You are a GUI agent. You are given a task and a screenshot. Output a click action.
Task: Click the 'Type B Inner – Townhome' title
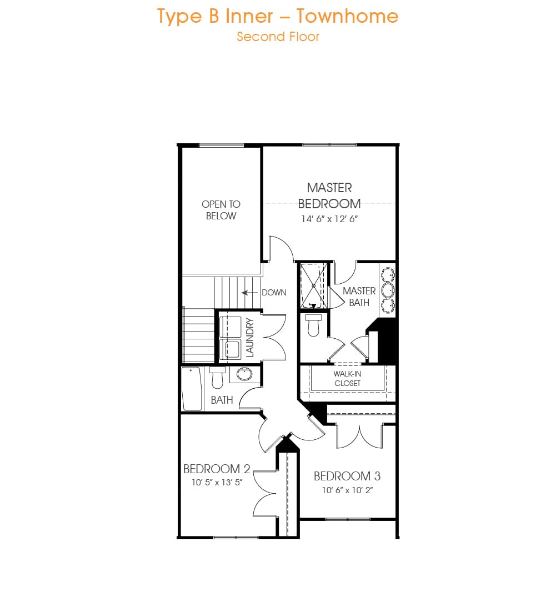click(x=278, y=17)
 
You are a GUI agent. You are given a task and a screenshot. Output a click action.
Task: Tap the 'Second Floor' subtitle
click(x=278, y=37)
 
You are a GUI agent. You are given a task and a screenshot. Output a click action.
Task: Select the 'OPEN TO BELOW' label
click(x=221, y=210)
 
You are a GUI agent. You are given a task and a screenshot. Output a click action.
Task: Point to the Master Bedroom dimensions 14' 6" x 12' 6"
click(x=329, y=219)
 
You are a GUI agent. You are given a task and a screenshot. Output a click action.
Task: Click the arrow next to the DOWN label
click(x=249, y=293)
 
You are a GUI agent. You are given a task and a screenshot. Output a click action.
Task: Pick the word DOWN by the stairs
click(x=274, y=293)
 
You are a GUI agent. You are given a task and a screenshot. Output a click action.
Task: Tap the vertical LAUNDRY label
click(x=250, y=338)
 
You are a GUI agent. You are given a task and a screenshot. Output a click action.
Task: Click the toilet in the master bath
click(x=313, y=325)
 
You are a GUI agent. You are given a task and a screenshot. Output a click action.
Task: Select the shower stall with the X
click(x=313, y=286)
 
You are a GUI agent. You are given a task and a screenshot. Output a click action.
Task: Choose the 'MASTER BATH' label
click(x=359, y=297)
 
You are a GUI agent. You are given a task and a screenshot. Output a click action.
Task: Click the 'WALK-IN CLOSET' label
click(x=347, y=379)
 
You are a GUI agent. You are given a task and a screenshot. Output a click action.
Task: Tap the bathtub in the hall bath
click(x=192, y=389)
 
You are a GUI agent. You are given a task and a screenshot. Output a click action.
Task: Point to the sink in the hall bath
click(x=244, y=374)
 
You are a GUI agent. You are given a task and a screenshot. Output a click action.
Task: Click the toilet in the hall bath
click(x=217, y=378)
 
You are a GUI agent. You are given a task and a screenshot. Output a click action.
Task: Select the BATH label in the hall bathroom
click(x=222, y=400)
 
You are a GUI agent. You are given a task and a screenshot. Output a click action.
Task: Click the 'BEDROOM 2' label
click(x=217, y=469)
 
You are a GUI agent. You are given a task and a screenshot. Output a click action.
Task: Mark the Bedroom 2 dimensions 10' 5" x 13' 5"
click(x=217, y=483)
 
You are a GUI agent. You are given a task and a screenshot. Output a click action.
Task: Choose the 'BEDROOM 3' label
click(x=347, y=476)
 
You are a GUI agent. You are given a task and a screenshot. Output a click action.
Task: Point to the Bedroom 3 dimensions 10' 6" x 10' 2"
click(x=347, y=490)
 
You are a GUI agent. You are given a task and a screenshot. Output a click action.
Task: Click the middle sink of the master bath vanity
click(x=388, y=290)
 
